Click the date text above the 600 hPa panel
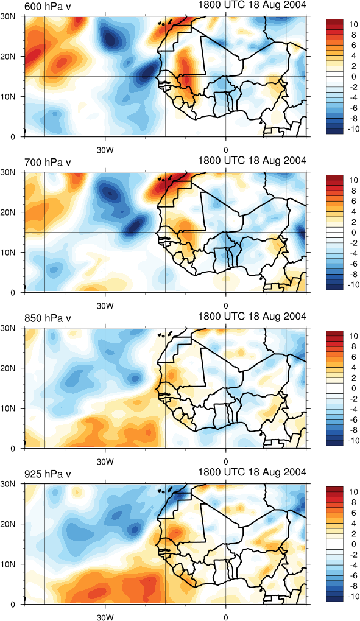pos(252,5)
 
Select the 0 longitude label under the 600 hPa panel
pos(226,150)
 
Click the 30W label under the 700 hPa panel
pos(105,306)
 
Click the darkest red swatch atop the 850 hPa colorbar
pos(334,333)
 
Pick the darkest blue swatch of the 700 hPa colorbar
pos(334,287)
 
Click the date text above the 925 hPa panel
pos(252,472)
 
